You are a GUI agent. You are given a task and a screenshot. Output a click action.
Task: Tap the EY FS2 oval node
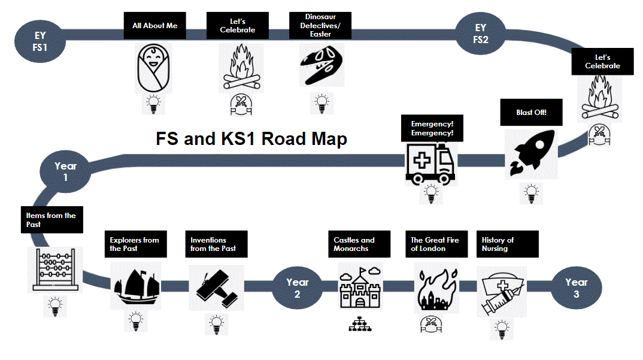pos(481,34)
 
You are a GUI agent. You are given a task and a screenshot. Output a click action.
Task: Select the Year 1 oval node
pos(65,171)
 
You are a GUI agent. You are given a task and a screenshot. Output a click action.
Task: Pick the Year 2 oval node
pos(297,288)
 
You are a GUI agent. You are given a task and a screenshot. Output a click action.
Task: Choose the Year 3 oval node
pos(576,288)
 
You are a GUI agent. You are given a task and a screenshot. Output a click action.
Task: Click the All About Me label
pos(154,26)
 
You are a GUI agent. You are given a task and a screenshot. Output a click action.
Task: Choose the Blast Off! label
pos(531,113)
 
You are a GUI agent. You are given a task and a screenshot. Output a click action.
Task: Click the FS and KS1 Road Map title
pos(251,139)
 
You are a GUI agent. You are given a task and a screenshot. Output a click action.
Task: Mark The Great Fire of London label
pos(435,244)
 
